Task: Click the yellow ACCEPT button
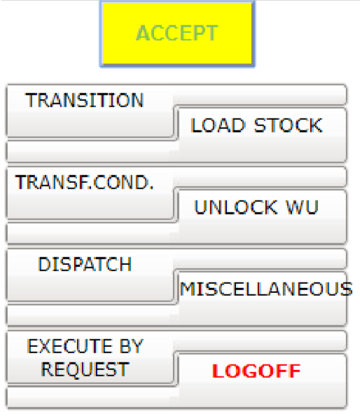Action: pos(177,34)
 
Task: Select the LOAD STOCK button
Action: pos(262,135)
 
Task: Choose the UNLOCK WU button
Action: pos(262,217)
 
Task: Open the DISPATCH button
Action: pos(90,275)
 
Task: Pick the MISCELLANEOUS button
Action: pos(262,299)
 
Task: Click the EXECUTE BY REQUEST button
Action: pos(90,357)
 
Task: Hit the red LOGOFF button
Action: pos(262,381)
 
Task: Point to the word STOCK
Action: pos(289,125)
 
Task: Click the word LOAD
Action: pos(218,125)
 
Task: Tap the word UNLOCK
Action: pos(236,207)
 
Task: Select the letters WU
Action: pos(302,207)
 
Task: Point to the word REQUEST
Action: pos(85,369)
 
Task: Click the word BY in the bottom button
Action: pos(131,346)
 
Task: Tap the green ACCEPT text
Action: pos(177,33)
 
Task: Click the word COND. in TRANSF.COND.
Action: pos(123,182)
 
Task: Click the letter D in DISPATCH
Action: pos(44,264)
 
